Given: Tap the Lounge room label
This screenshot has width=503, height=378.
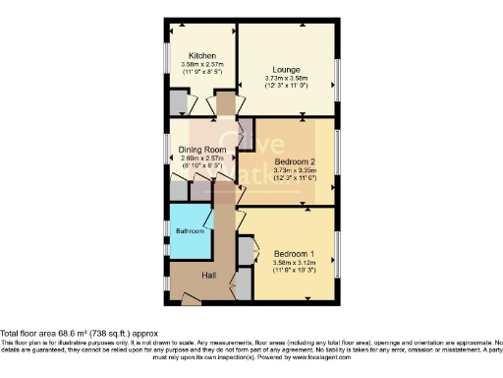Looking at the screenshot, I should coord(286,71).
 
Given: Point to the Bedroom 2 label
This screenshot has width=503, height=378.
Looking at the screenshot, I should coord(294,160).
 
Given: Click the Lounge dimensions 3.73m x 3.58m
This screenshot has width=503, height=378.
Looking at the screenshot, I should coord(286,80).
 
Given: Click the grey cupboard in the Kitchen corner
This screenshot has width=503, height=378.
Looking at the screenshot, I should coord(179,101).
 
